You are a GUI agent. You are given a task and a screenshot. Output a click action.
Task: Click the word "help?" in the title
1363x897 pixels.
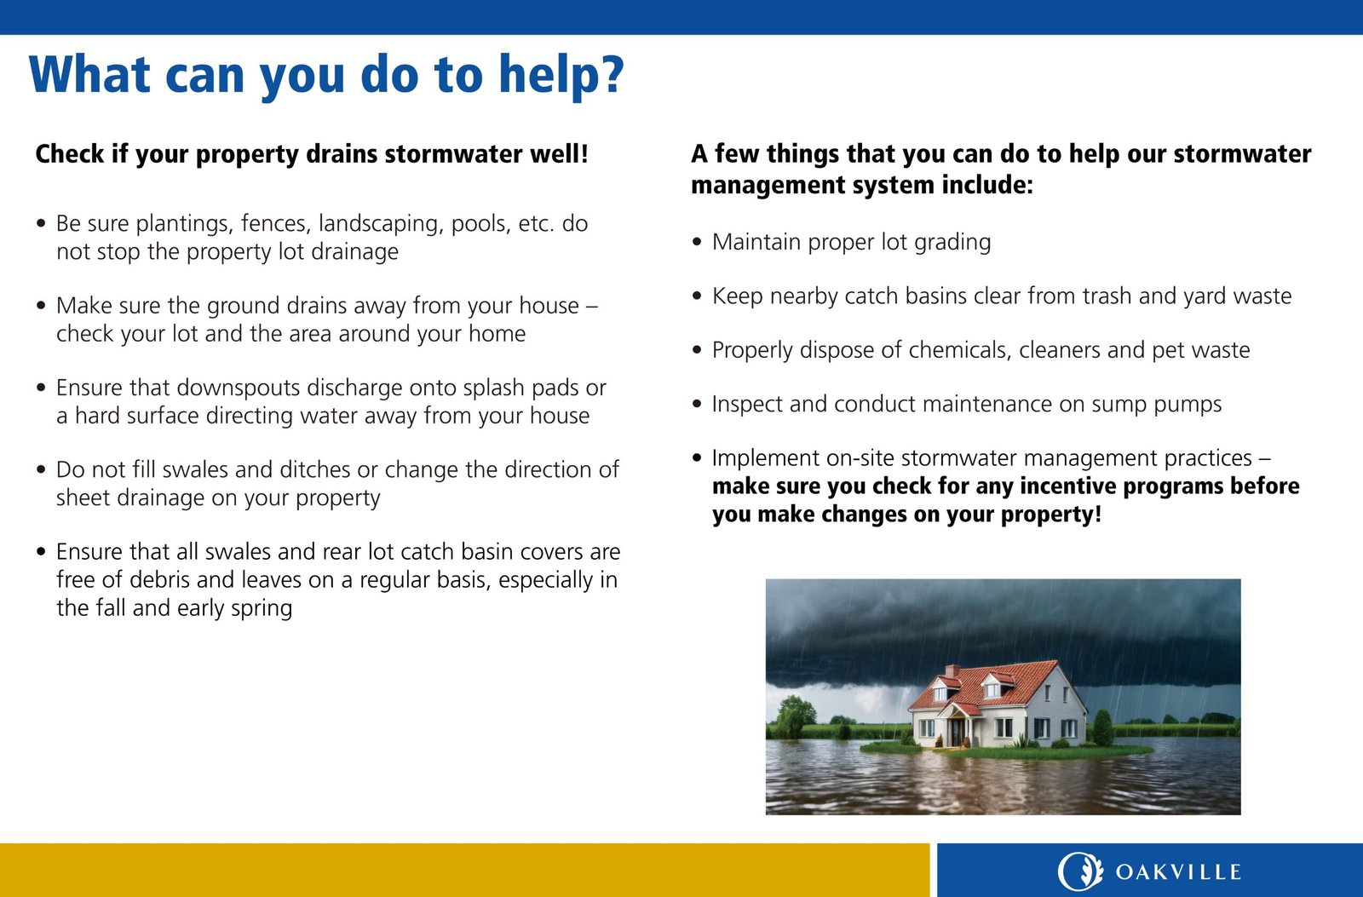pyautogui.click(x=561, y=76)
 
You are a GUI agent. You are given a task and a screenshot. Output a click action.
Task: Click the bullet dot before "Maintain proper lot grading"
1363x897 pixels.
pyautogui.click(x=698, y=242)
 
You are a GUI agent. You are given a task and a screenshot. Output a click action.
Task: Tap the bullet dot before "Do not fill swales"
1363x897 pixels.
pyautogui.click(x=42, y=470)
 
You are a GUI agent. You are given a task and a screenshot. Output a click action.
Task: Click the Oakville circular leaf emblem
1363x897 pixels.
pyautogui.click(x=1080, y=871)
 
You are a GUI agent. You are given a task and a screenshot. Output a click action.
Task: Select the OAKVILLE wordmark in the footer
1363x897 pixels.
pyautogui.click(x=1178, y=872)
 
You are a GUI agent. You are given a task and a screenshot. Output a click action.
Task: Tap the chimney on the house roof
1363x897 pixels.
pyautogui.click(x=952, y=670)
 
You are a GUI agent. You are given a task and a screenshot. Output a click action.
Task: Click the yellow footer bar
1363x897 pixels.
pyautogui.click(x=465, y=871)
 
